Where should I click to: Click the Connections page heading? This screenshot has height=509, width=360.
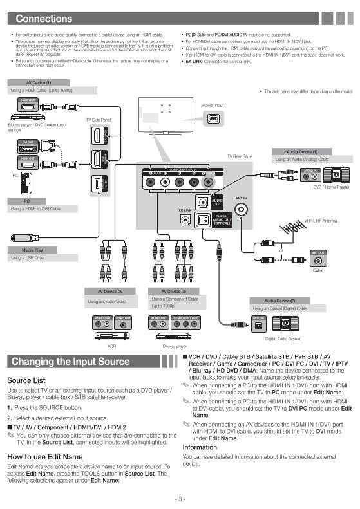coord(44,19)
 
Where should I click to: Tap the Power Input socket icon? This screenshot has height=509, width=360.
coord(213,119)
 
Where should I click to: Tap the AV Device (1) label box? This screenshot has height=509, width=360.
coord(39,83)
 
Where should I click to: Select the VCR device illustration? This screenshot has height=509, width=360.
coord(112,335)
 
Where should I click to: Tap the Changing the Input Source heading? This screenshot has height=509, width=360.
coord(71,362)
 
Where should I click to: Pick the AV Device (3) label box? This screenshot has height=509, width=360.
coord(174,291)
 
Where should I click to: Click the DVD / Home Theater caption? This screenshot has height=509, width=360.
coord(331,187)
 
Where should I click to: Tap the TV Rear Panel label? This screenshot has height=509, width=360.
coord(239,156)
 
